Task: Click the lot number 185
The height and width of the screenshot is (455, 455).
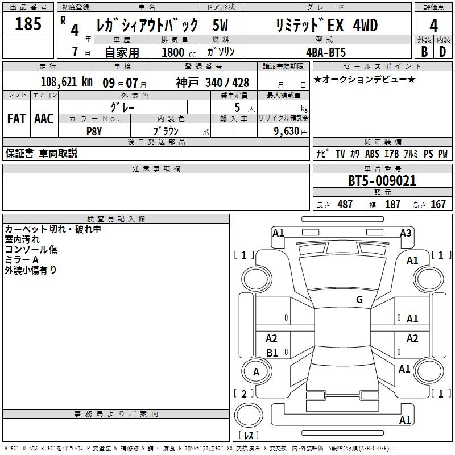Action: (28, 23)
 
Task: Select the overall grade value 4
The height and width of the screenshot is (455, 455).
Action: (433, 26)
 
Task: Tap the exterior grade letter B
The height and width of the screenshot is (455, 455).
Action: (424, 52)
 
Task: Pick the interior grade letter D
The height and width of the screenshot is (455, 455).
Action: (442, 52)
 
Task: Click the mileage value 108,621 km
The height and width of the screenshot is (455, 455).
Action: (67, 82)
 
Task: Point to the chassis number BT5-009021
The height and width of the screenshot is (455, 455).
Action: (382, 181)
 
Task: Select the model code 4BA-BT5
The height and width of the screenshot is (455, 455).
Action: (326, 52)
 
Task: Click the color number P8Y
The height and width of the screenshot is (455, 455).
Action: (94, 131)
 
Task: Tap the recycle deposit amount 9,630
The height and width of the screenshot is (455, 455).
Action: (287, 131)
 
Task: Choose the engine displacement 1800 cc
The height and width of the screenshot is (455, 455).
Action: (179, 52)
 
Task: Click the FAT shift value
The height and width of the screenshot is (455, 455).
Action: (16, 119)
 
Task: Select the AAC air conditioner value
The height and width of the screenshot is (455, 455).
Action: (44, 119)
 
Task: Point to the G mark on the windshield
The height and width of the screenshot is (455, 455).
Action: (359, 300)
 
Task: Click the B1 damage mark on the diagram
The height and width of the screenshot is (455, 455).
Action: (272, 353)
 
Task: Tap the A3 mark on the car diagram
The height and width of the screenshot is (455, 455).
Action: (406, 233)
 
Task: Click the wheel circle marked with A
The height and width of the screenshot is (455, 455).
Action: (257, 371)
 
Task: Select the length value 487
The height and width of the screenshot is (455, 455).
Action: (345, 204)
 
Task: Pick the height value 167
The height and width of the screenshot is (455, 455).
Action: (438, 204)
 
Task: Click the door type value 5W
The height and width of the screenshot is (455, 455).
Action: (220, 25)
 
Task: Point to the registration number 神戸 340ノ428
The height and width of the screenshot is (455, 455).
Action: (212, 83)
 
